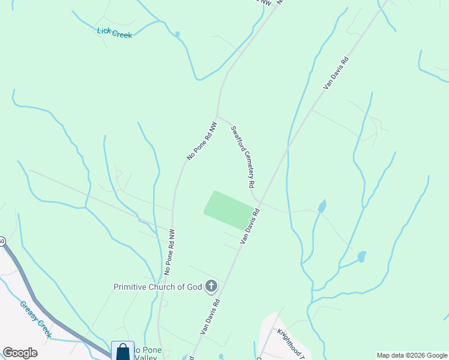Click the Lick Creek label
[114, 32]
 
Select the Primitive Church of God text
[158, 287]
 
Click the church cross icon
[211, 286]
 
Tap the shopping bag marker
[122, 351]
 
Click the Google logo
[20, 353]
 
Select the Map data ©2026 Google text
[412, 355]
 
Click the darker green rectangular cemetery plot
[229, 210]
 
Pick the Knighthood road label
[291, 341]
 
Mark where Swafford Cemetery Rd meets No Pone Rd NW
[217, 116]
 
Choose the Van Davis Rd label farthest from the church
[336, 73]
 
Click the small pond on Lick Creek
[177, 34]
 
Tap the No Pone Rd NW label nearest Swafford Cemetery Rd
[201, 141]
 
